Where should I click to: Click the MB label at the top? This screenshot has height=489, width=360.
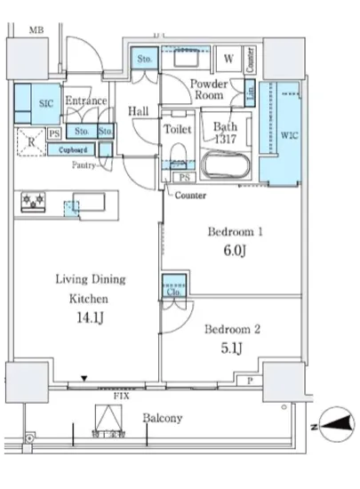(36, 32)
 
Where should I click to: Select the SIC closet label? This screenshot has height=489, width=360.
(46, 102)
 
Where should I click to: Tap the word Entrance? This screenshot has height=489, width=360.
(86, 101)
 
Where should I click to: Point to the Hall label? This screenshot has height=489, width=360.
(138, 111)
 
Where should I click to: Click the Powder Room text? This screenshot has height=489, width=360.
(210, 90)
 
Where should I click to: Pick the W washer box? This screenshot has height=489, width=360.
(228, 60)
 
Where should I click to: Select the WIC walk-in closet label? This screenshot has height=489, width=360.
(289, 136)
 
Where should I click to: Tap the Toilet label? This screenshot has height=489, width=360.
(178, 129)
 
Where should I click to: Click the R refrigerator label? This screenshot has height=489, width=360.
(31, 140)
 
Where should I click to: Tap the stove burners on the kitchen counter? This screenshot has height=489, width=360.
(35, 204)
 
